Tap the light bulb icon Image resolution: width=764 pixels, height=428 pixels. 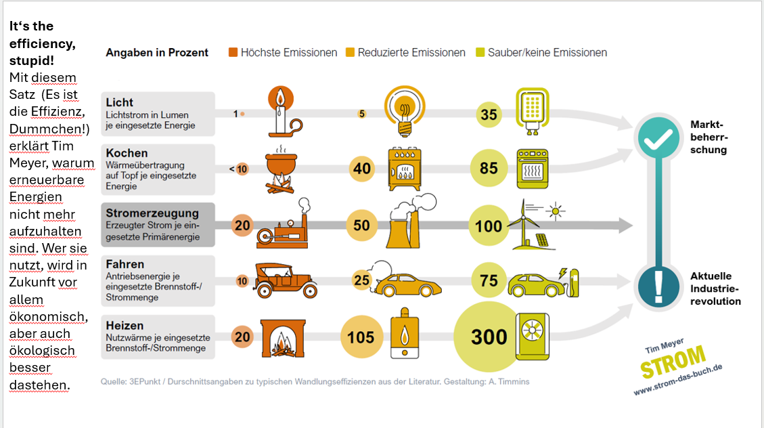(405, 111)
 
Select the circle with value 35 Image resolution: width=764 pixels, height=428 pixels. (489, 114)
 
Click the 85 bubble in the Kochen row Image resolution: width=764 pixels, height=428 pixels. (489, 168)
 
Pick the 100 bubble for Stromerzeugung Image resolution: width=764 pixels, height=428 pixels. (488, 226)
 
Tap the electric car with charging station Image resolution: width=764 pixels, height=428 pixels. (543, 282)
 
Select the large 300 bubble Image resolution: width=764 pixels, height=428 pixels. (488, 337)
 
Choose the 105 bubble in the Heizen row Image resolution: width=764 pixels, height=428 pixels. (361, 337)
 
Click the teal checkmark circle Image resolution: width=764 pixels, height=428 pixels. (658, 138)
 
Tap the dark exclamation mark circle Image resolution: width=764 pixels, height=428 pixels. (658, 286)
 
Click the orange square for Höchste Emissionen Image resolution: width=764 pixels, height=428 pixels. (233, 52)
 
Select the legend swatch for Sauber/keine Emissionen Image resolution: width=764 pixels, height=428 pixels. (480, 52)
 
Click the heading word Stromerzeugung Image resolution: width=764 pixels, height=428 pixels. (152, 213)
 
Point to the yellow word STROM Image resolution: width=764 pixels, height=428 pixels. (673, 361)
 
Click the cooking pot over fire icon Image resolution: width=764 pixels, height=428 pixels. (281, 169)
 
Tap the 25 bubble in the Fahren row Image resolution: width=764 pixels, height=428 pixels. (361, 280)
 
